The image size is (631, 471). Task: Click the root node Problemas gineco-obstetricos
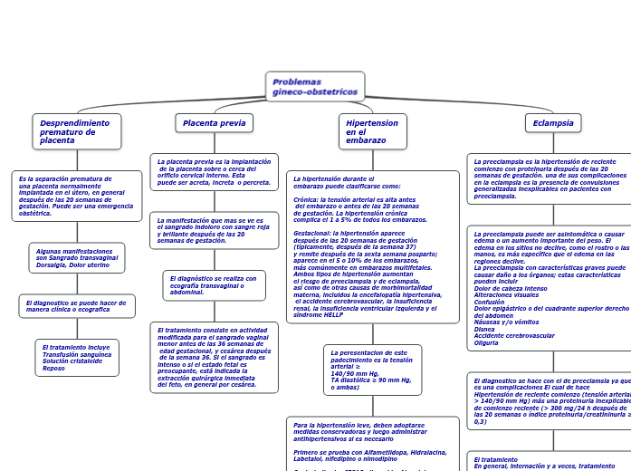(315, 87)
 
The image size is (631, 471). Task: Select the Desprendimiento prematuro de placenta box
(76, 131)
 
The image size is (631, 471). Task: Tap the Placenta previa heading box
(214, 122)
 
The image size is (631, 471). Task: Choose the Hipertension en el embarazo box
(372, 131)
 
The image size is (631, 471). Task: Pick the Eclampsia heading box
(553, 122)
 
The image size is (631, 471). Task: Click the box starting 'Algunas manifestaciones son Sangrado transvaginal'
(76, 258)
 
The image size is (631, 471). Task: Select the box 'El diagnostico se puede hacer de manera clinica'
(76, 306)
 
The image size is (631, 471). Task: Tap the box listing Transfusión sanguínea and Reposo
(76, 358)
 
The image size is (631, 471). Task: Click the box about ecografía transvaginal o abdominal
(214, 285)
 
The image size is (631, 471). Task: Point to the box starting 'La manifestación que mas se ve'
(214, 231)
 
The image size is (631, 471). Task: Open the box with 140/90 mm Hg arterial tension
(372, 370)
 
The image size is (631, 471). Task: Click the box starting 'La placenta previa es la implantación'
(214, 172)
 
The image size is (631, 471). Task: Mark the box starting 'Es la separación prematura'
(76, 196)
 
